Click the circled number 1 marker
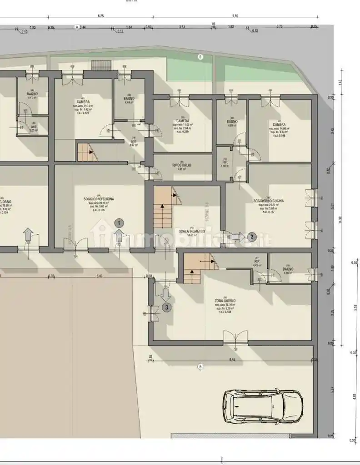coord(119,223)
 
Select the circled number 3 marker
coord(167,307)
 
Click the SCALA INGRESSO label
coord(192,231)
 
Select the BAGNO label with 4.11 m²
coord(32,94)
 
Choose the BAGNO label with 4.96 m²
coord(289,269)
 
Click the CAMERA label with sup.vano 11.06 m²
coord(183,121)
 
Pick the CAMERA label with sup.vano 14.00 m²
coord(279,124)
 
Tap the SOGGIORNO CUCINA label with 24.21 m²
coord(269,201)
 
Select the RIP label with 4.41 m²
coord(257,262)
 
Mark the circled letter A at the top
coord(77,27)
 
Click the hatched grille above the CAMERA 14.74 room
coord(101,64)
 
